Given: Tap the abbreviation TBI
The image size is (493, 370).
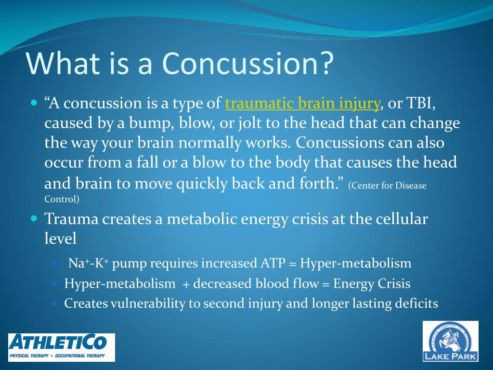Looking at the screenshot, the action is point(420,103).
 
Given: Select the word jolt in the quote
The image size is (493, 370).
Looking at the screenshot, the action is point(250,123).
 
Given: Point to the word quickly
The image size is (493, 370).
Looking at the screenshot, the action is point(202,184).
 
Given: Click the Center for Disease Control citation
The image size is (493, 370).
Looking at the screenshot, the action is point(235,192).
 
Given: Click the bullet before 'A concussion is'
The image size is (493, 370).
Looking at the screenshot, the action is point(34,103).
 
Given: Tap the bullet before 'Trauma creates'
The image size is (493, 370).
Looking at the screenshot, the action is point(34,218).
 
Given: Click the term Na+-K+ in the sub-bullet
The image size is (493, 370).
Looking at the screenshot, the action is point(89,263).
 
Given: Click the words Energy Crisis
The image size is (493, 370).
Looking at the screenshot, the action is point(372,283).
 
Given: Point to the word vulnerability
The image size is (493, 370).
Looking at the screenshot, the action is point(148,304).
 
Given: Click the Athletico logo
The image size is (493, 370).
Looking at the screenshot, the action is point(62,347).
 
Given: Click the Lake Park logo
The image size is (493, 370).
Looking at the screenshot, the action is point(451,341).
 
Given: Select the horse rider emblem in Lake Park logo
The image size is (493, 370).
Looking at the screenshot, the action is point(450,339).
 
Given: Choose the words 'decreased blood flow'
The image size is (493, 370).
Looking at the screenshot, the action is point(256,283).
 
